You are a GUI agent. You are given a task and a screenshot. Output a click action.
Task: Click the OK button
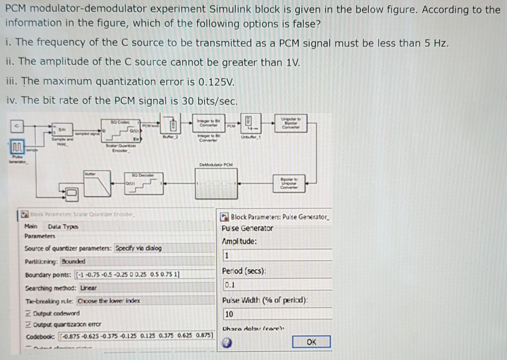pos(311,342)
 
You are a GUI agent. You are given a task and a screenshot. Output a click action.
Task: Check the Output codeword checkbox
pos(28,313)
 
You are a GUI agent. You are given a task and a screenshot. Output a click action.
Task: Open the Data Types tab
pos(63,227)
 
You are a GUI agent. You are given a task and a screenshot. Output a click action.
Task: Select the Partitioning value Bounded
pos(73,261)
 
